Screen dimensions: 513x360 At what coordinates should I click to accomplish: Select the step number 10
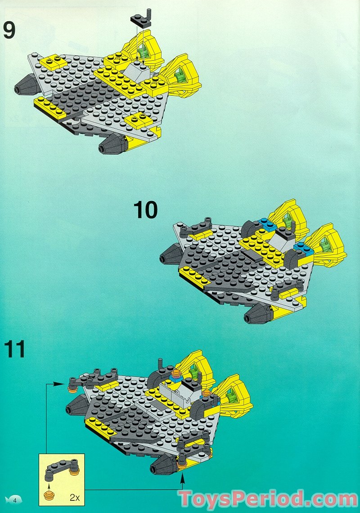coord(146,210)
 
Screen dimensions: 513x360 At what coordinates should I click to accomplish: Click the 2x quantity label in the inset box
coord(75,497)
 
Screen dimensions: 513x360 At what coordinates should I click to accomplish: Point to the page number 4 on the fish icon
coord(15,500)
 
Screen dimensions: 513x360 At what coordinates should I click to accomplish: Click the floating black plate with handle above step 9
coord(140,18)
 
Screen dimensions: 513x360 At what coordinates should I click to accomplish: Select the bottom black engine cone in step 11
coord(162,466)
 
